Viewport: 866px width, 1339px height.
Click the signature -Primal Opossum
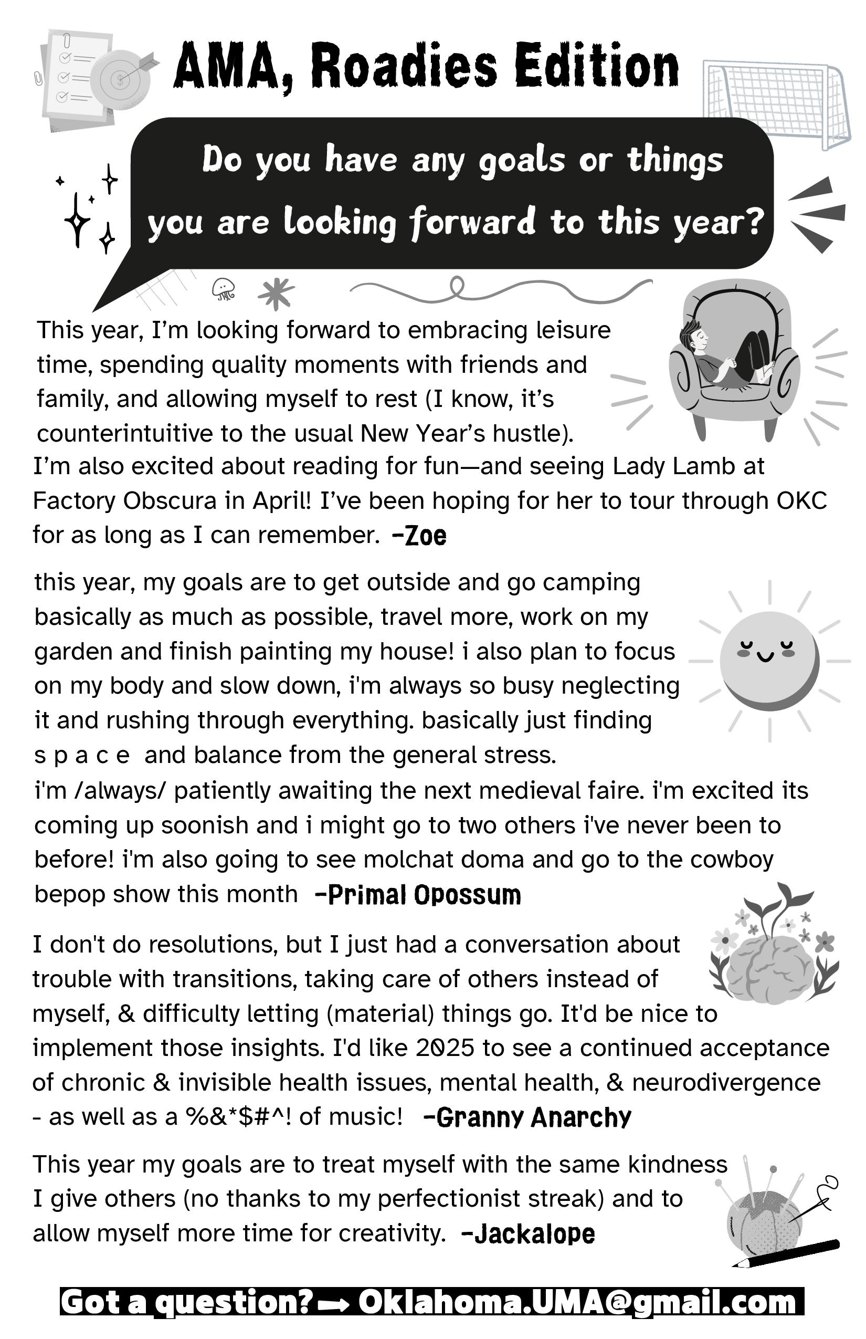pos(418,895)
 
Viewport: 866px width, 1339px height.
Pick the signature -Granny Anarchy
pos(527,1117)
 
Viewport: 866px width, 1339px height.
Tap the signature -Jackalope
pos(528,1234)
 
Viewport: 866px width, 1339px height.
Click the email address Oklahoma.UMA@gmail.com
pos(577,1301)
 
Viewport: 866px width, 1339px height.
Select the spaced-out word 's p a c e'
pos(82,755)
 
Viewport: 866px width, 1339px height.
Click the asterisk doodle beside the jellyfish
pos(276,292)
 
